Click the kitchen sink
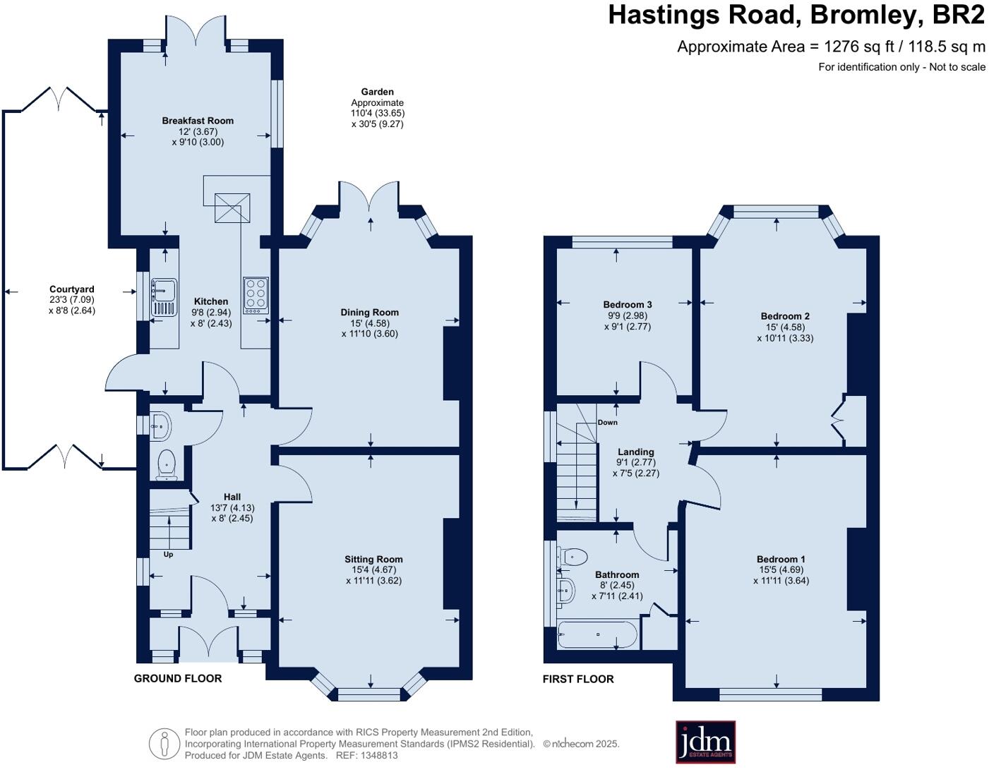point(163,296)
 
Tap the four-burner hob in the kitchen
point(256,295)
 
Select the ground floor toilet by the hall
point(167,463)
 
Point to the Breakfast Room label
point(198,121)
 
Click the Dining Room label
point(369,312)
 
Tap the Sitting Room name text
point(373,559)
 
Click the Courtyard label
point(71,289)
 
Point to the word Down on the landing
point(607,423)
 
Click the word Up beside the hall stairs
point(168,554)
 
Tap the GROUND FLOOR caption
point(178,678)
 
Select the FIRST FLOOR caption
point(578,679)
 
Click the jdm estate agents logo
point(705,742)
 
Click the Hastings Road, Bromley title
point(796,15)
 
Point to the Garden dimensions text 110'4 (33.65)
point(378,113)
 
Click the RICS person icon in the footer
point(164,743)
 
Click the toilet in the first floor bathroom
point(573,557)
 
